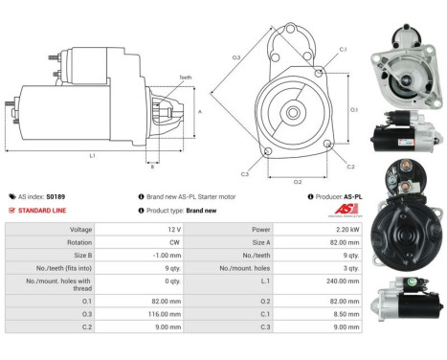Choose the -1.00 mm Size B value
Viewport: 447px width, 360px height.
pyautogui.click(x=167, y=257)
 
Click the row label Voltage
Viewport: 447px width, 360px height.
pyautogui.click(x=81, y=230)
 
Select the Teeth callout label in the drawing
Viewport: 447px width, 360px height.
pyautogui.click(x=185, y=78)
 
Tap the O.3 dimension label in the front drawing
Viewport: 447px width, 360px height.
pyautogui.click(x=235, y=58)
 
